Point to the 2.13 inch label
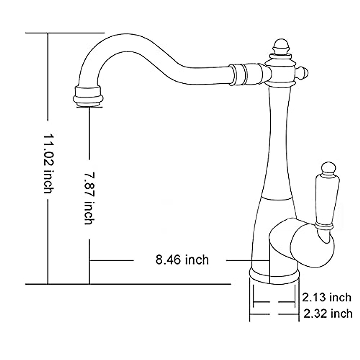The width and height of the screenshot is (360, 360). click(326, 297)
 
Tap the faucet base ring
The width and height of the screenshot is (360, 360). click(274, 275)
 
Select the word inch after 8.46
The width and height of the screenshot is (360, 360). click(196, 259)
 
